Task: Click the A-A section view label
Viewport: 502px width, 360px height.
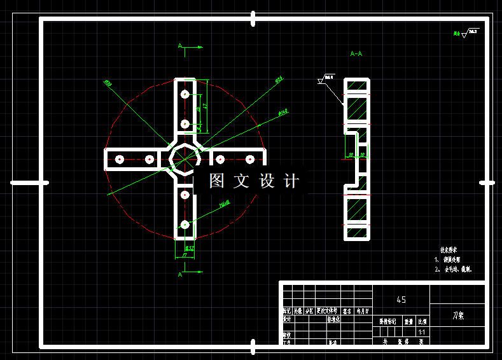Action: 356,54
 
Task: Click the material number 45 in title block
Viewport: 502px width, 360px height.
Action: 401,300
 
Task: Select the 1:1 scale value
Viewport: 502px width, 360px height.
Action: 421,332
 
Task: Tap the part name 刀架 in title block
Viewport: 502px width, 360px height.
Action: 457,315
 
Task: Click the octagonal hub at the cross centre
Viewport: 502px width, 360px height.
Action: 185,158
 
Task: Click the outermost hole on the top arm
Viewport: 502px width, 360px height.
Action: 185,94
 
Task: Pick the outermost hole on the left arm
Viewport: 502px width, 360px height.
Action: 119,159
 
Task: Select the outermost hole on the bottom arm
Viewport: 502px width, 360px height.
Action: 185,224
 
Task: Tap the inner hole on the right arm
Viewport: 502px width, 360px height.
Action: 219,159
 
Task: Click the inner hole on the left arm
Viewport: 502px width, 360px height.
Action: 150,159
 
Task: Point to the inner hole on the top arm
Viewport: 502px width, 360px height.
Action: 185,124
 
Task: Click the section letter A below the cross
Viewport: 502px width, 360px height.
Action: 181,274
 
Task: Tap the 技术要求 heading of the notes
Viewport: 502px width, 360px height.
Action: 449,251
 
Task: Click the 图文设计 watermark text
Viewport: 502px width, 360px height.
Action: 253,181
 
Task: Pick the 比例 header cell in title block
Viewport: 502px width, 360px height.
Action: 422,322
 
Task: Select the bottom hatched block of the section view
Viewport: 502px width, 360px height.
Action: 356,208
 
